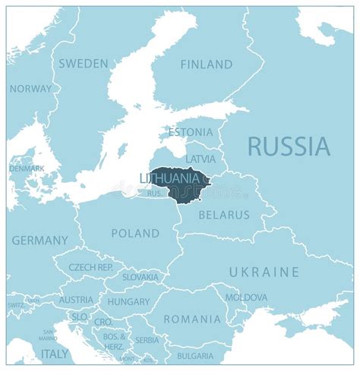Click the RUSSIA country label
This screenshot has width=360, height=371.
coord(289,146)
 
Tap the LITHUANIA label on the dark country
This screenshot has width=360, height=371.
coord(174,178)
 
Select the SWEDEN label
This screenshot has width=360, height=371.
coord(83,64)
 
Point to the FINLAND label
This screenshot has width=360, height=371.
coord(206,64)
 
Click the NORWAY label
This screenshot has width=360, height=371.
coord(31,89)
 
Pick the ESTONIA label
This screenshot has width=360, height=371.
coord(191,133)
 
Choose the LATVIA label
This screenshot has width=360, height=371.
coord(201,159)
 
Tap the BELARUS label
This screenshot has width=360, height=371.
coord(224,215)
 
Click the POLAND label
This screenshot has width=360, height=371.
coord(135,233)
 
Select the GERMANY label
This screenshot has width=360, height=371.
coord(39,241)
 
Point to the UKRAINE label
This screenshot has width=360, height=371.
coord(264,272)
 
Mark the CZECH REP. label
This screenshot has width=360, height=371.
coord(90,267)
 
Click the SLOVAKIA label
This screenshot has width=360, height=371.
coord(141,278)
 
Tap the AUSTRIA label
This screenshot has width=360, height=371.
coord(76,300)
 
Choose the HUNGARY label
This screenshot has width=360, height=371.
coord(128,301)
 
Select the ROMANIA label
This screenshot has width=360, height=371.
coord(192,319)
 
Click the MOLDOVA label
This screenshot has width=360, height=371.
coord(246,297)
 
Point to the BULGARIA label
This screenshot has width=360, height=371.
coord(195,355)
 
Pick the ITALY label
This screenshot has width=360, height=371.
coord(54,354)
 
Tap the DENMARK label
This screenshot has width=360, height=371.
coord(27,168)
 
